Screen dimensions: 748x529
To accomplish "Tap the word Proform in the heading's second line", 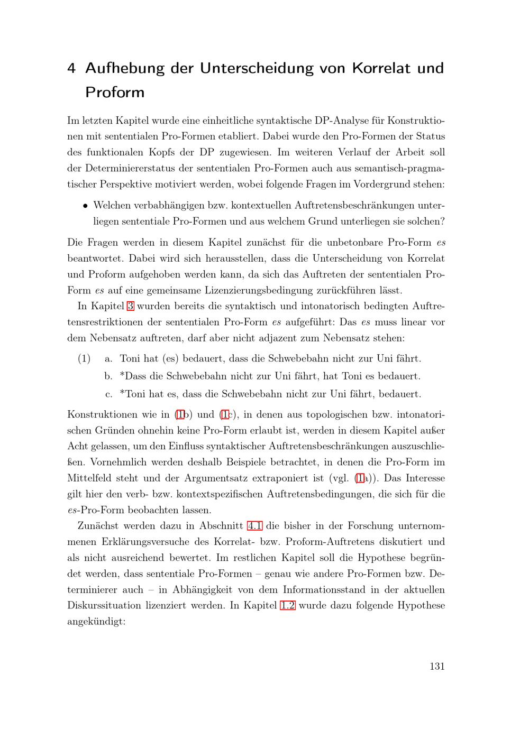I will click(x=115, y=93).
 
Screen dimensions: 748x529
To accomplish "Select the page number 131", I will click(x=437, y=666).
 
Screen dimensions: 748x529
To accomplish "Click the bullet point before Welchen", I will click(x=85, y=206).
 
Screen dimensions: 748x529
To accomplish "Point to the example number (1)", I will click(x=84, y=359).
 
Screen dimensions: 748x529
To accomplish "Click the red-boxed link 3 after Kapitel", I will click(x=130, y=306).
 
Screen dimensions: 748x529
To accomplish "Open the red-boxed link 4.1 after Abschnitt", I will click(x=255, y=526).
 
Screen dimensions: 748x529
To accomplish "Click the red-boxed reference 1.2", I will click(x=287, y=605).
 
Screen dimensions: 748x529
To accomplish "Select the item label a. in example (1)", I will click(x=108, y=359).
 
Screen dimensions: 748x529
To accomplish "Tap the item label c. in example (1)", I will click(x=108, y=394).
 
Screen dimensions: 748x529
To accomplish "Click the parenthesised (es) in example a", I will click(x=169, y=359).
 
